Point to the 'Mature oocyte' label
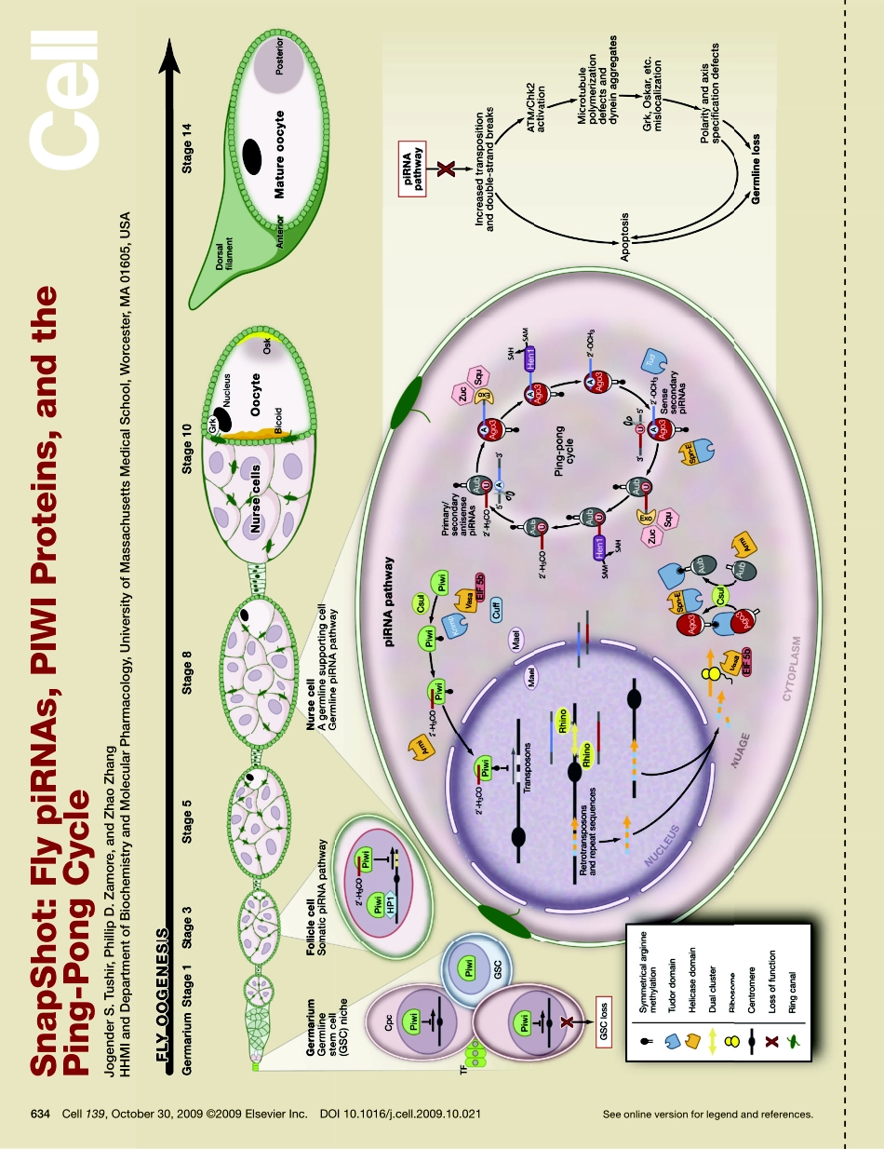click(x=280, y=155)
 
